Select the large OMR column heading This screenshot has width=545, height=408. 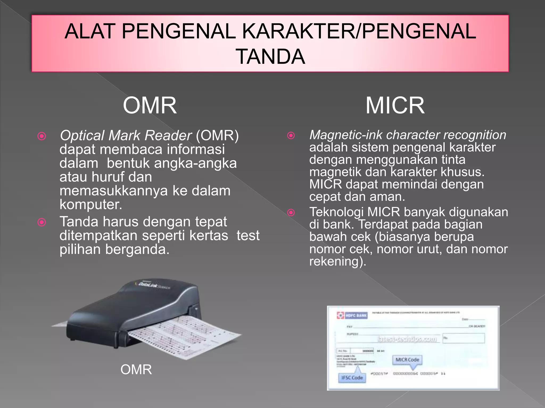click(150, 105)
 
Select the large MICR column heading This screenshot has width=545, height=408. click(395, 105)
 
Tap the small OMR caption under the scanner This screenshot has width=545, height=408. click(136, 369)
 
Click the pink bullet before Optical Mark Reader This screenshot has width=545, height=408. click(42, 136)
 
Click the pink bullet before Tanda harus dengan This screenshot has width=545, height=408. click(42, 222)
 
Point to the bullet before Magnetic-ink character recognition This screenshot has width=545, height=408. click(291, 135)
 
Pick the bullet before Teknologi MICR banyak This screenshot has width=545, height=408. click(291, 212)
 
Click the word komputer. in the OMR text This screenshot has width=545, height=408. click(91, 205)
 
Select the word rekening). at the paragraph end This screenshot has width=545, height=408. click(337, 261)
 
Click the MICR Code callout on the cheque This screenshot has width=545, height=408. click(407, 360)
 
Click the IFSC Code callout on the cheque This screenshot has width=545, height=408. click(352, 378)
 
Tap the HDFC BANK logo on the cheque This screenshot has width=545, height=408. click(352, 315)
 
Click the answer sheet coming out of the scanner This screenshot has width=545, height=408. click(186, 337)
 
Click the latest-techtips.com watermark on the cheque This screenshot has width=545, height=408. click(407, 339)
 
